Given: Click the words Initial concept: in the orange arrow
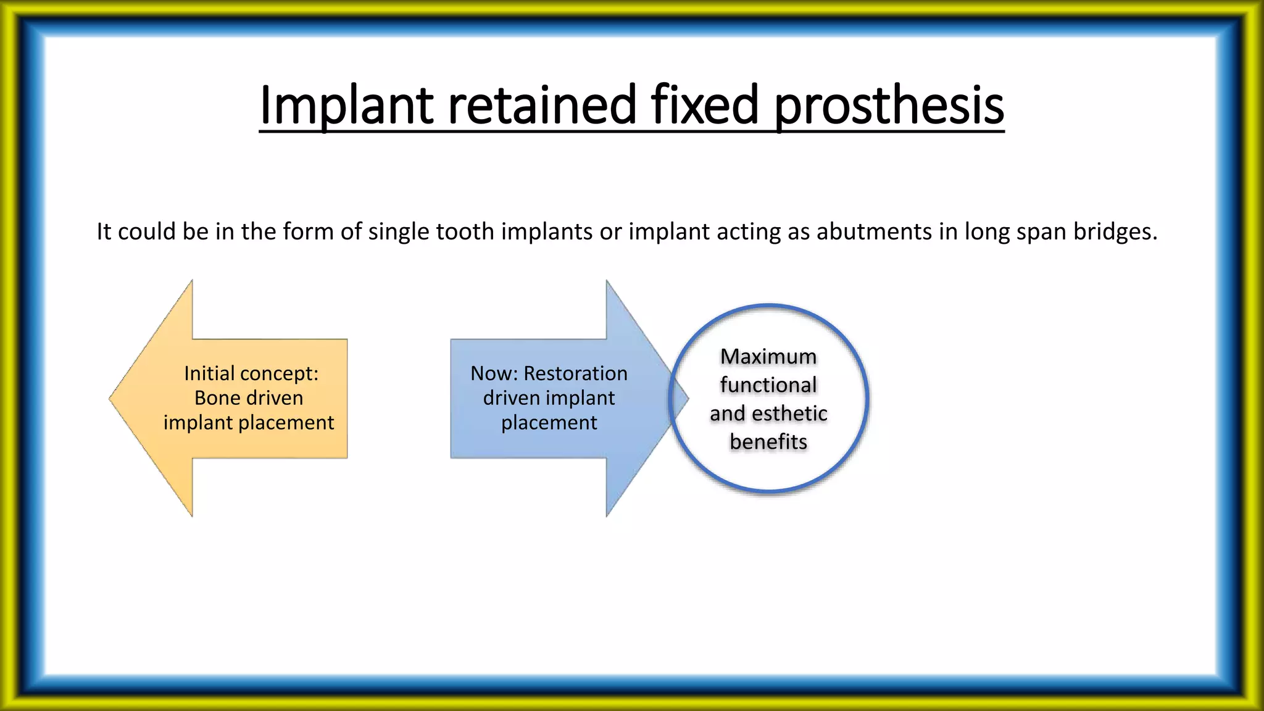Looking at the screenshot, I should [251, 373].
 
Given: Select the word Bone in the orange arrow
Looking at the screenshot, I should [214, 398].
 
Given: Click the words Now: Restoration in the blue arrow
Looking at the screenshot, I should [549, 373].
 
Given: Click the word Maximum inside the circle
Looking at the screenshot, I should [768, 357].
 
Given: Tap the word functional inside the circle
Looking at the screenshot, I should [768, 385].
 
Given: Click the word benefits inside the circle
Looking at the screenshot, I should [768, 442].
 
